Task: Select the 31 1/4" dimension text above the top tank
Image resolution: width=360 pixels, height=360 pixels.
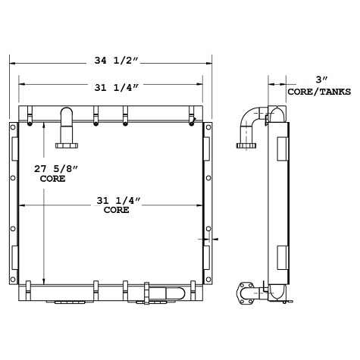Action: point(112,88)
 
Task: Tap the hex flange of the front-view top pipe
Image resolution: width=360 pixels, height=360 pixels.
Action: point(66,142)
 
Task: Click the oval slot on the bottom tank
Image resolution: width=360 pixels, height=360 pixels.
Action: point(173,293)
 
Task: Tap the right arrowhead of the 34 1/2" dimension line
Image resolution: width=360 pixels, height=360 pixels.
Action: point(212,62)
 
